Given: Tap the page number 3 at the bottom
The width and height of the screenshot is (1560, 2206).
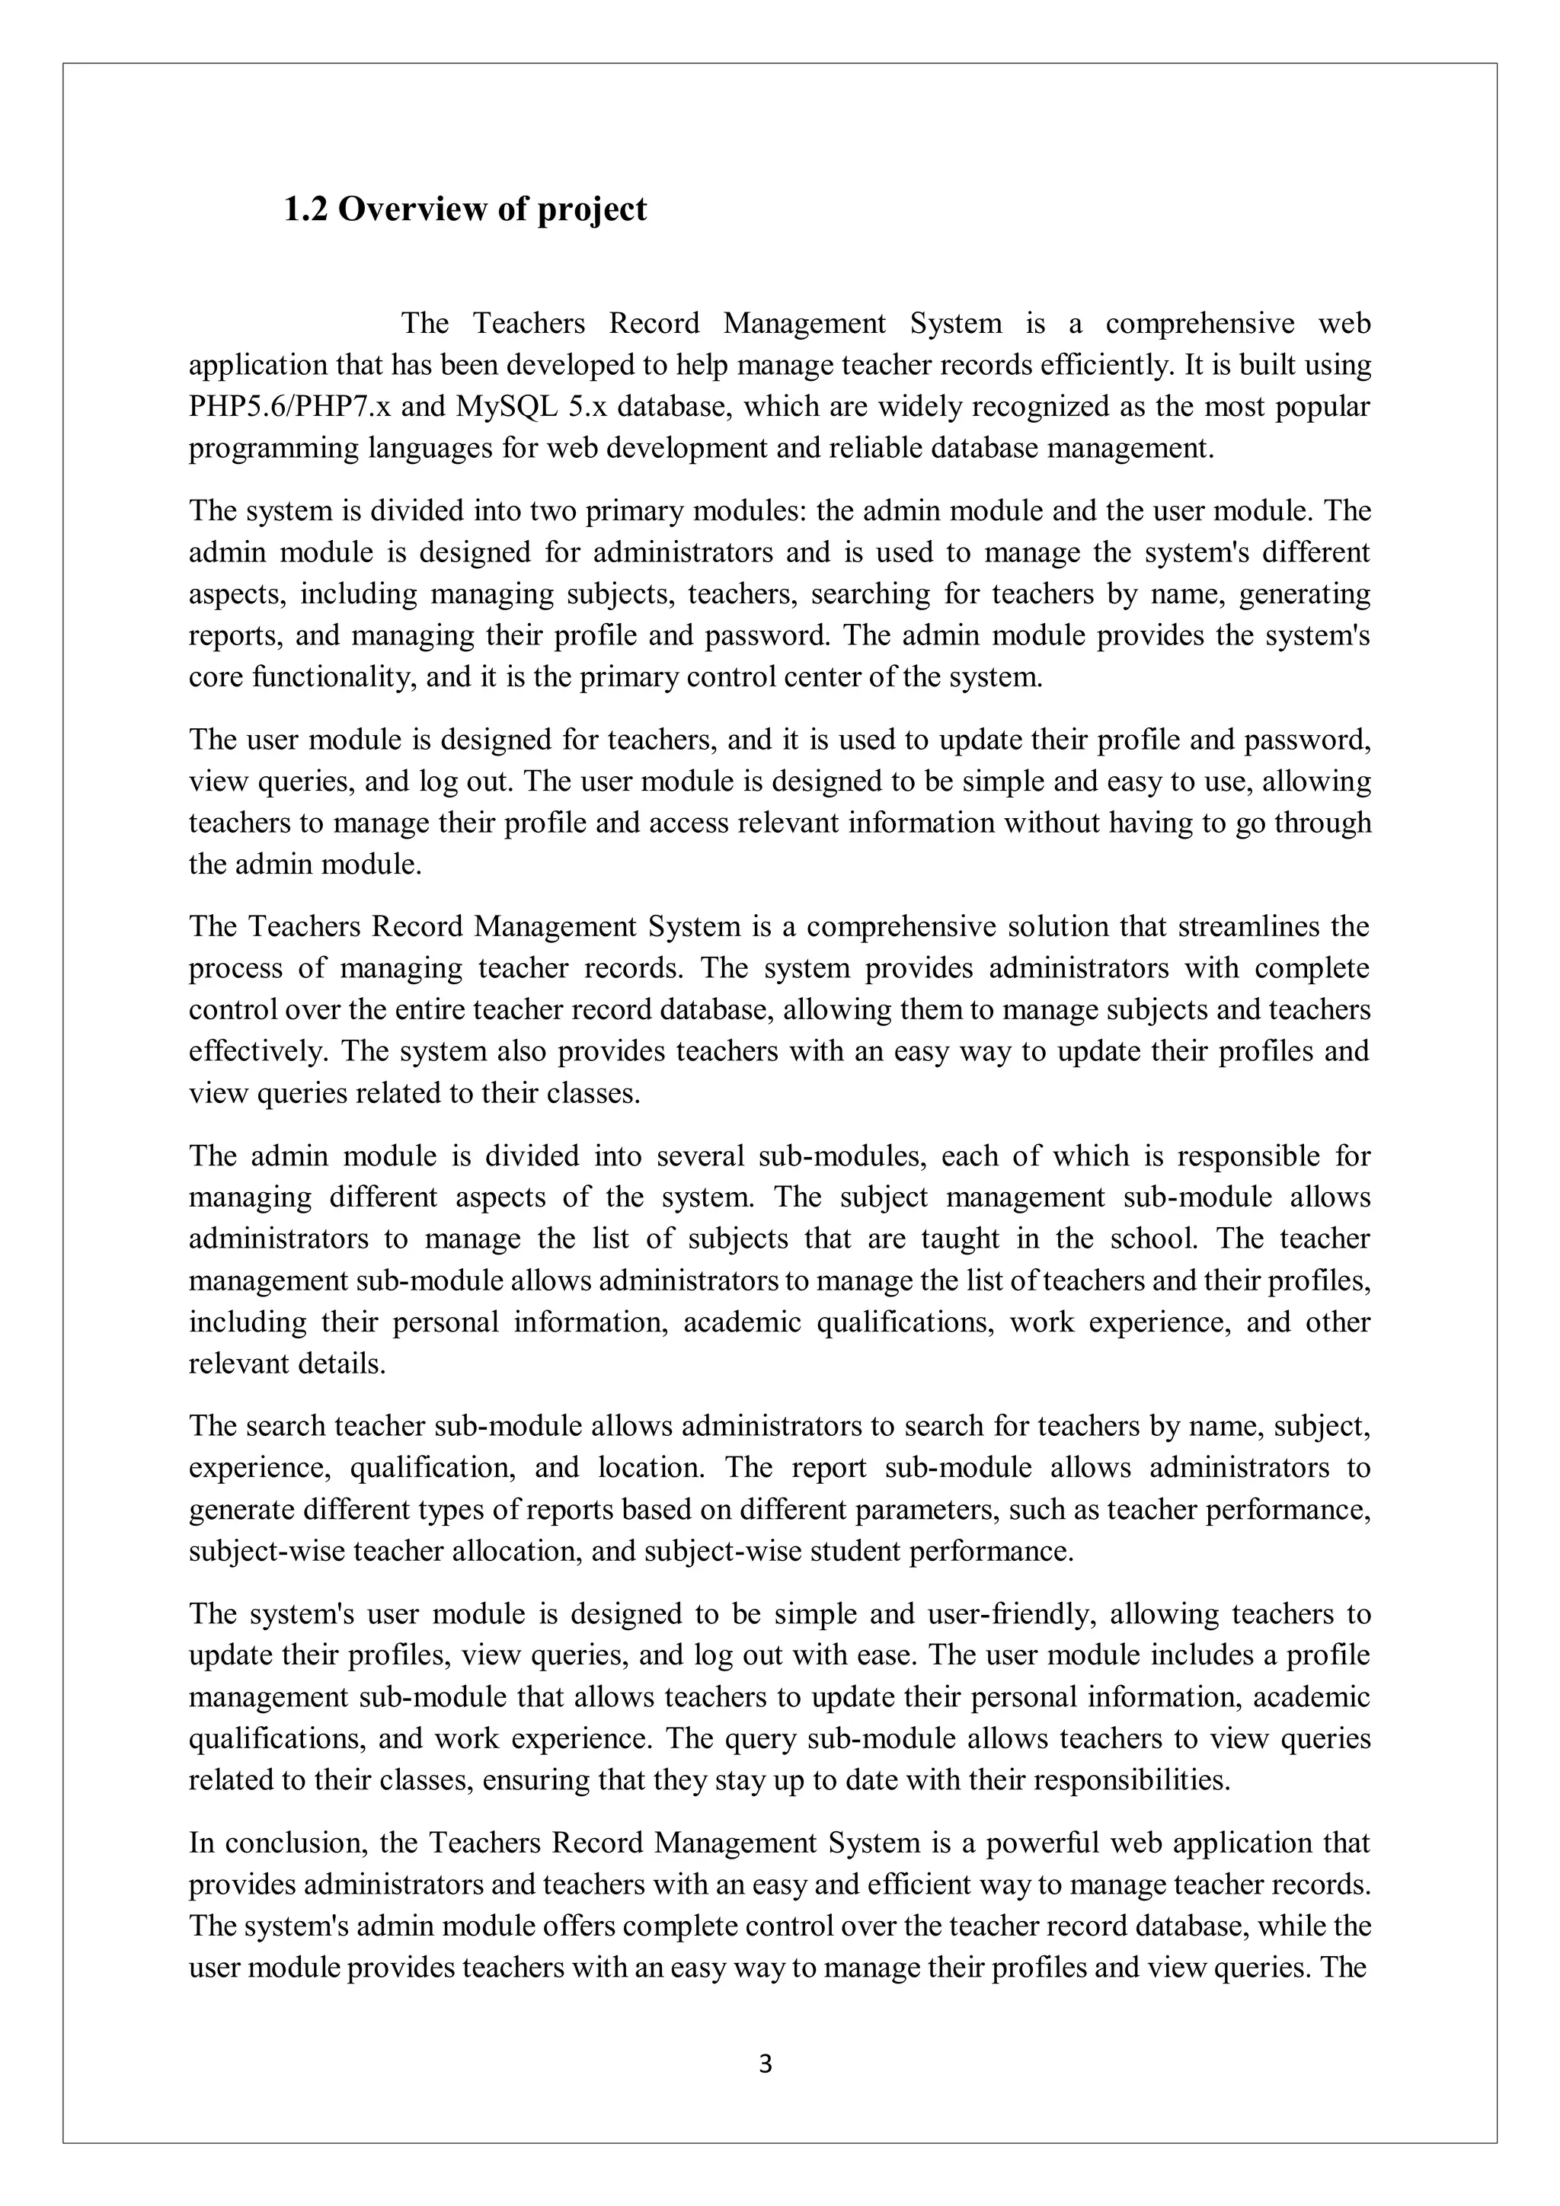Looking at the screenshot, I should pos(766,2064).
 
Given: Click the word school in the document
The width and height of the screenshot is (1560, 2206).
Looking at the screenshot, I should pos(1155,1239).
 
